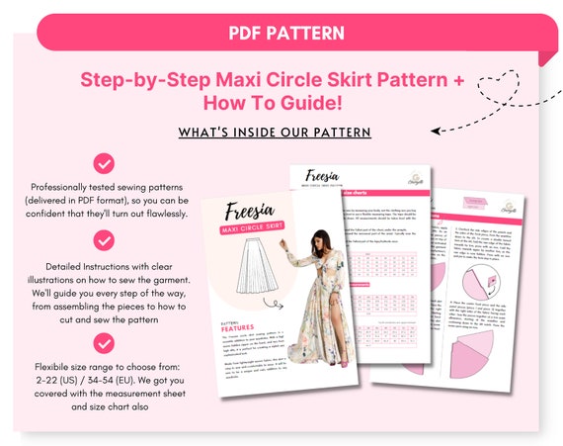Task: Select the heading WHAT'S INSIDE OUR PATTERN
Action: (x=276, y=133)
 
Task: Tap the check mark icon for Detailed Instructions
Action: (x=104, y=239)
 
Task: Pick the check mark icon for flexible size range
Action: (x=104, y=343)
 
